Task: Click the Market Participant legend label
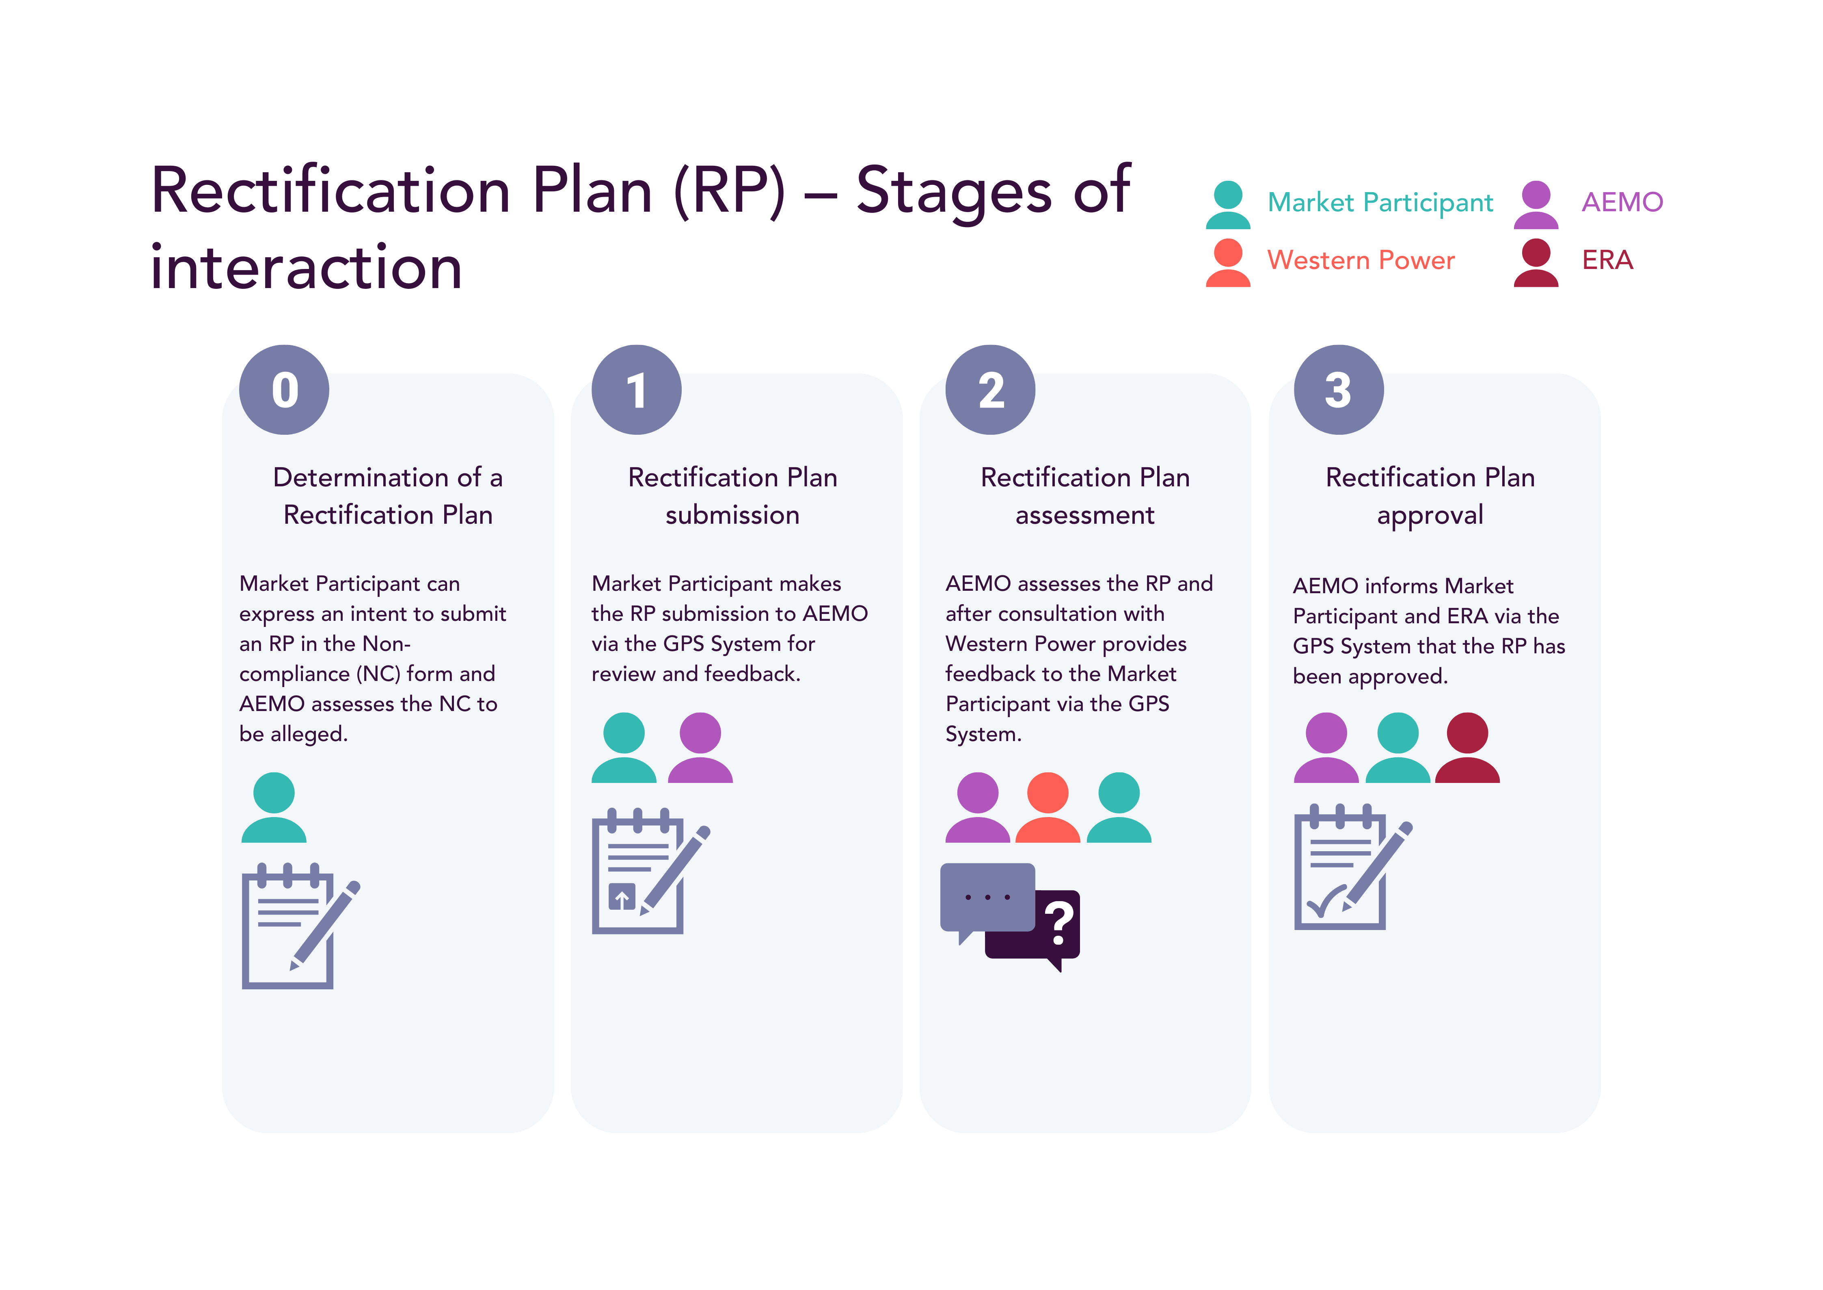click(x=1380, y=203)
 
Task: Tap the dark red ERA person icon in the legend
click(x=1536, y=263)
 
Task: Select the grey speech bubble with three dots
click(x=987, y=898)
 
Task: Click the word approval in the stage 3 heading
click(x=1430, y=516)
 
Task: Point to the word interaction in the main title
click(x=307, y=268)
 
